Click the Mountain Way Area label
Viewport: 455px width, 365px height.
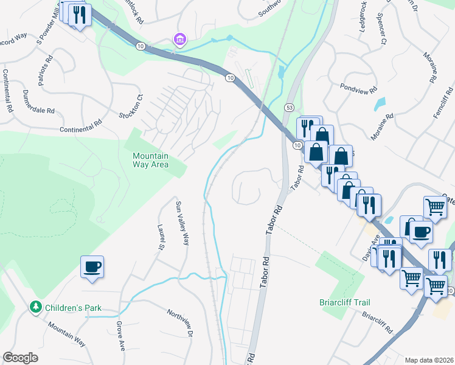tap(151, 160)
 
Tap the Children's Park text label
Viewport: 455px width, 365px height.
tap(75, 308)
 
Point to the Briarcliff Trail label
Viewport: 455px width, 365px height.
tap(344, 302)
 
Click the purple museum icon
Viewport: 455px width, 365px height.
tap(179, 40)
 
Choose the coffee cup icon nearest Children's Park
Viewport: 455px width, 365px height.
tap(92, 267)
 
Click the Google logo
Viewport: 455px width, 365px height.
tap(20, 358)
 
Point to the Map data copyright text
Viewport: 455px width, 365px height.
tap(429, 360)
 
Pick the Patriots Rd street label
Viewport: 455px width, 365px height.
tap(45, 71)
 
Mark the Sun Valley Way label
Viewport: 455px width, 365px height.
tap(182, 223)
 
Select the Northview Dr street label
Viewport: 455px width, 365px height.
tap(181, 323)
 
